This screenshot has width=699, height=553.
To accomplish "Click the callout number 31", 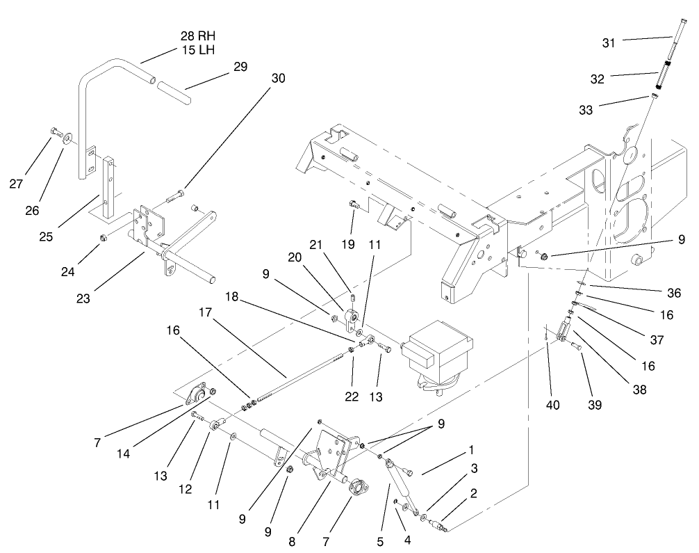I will coord(609,43).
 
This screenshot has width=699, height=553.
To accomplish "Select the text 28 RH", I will coord(193,35).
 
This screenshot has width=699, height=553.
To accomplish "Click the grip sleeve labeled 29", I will coord(174,93).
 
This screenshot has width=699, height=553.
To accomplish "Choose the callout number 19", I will coord(349,244).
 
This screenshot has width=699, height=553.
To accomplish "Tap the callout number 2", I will coord(473,494).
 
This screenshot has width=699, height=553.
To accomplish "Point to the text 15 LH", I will coord(193,50).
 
